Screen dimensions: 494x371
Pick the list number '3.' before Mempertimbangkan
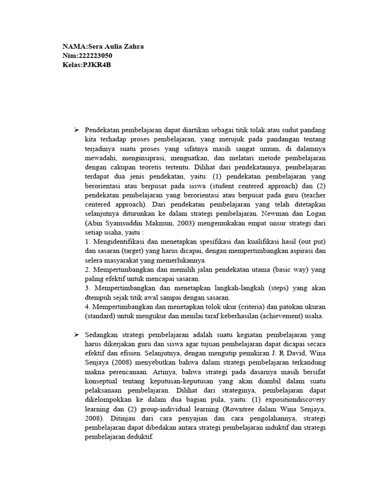pyautogui.click(x=88, y=288)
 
